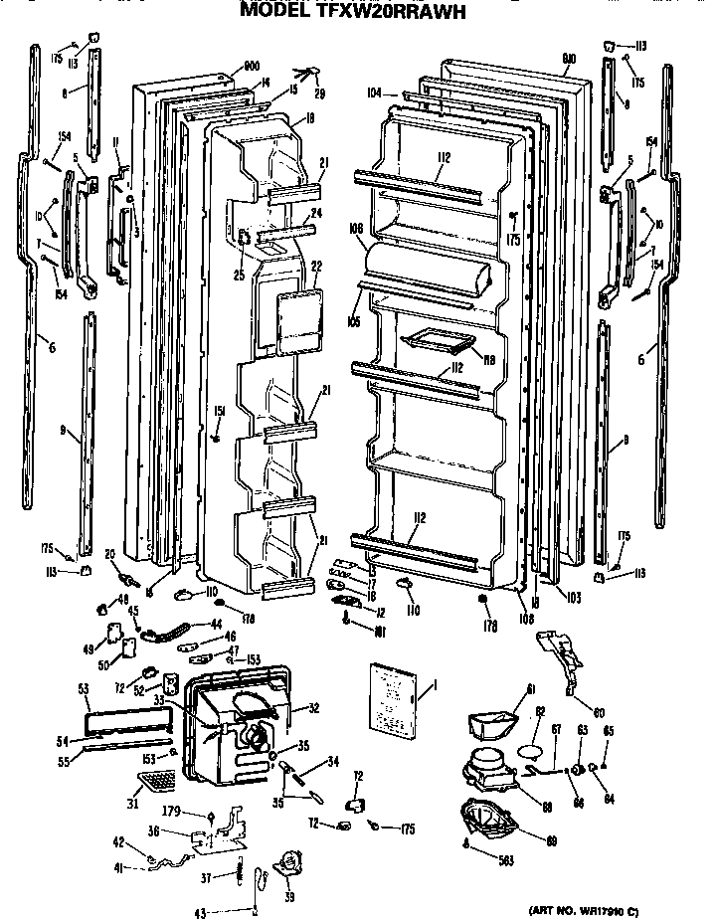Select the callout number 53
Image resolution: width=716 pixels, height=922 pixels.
pyautogui.click(x=83, y=688)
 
